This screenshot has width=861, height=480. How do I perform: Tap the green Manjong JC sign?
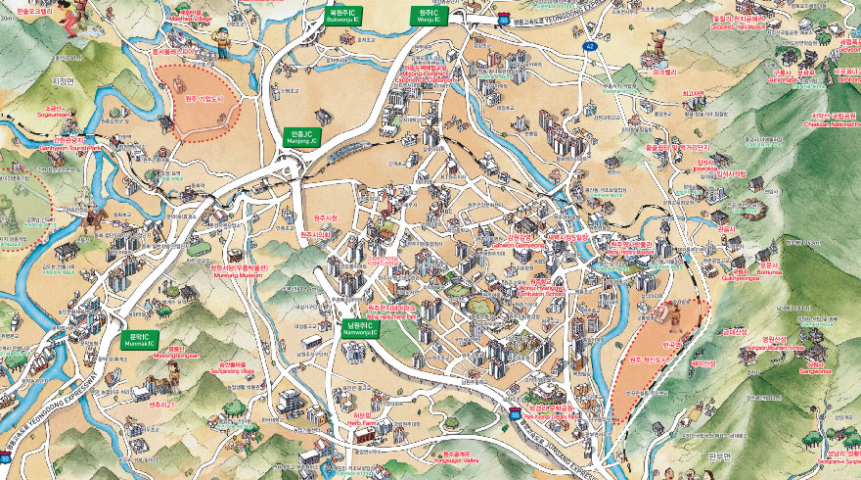(299, 135)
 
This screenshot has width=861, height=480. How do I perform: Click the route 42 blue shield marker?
(589, 46)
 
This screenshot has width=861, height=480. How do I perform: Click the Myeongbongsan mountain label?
(175, 353)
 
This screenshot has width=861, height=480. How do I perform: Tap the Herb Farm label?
(363, 419)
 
